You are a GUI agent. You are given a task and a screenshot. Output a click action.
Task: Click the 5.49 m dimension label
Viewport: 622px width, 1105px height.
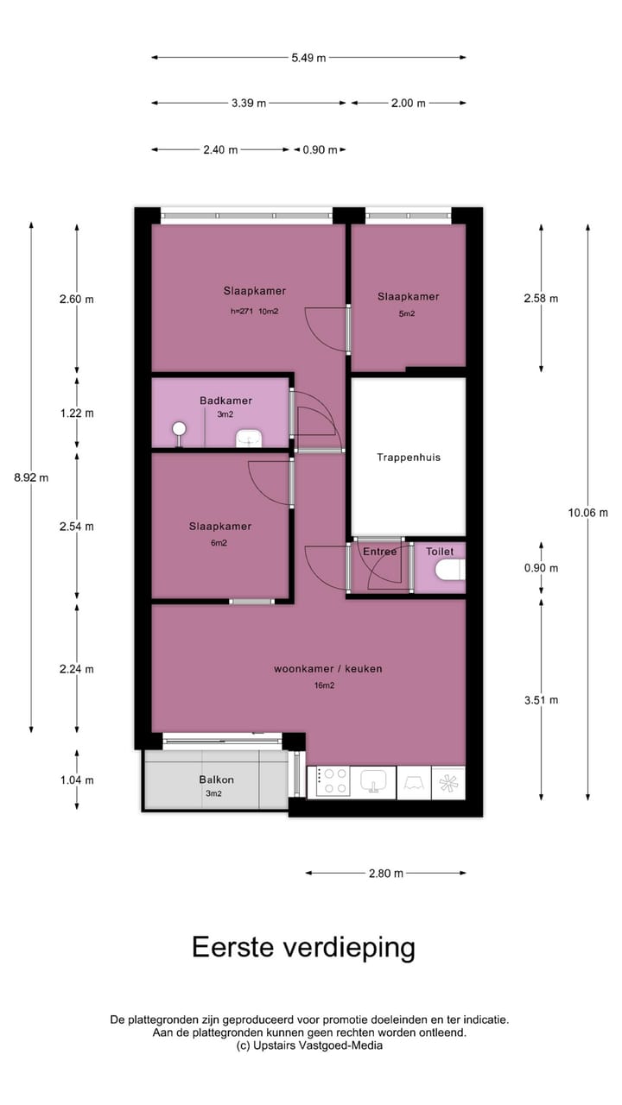coord(308,58)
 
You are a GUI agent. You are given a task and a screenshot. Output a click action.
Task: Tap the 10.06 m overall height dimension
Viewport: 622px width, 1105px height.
coord(587,512)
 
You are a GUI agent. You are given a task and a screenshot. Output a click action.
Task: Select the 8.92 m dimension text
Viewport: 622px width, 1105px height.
coord(31,477)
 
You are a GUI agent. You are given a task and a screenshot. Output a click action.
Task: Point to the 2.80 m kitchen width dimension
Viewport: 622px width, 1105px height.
coord(385,873)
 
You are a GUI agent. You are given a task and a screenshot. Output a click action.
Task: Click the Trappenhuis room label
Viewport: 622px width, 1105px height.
coord(408,457)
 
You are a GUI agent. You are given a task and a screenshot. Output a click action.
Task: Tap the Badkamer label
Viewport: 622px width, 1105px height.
coord(225,401)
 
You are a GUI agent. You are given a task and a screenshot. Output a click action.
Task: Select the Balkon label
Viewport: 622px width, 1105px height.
coord(216,780)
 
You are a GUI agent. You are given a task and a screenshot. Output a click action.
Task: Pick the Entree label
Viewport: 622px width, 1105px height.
coord(379,552)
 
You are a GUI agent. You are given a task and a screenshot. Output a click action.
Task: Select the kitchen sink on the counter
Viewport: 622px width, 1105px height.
coord(373,781)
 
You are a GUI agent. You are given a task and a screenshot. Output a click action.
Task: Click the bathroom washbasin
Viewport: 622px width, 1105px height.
coord(249,439)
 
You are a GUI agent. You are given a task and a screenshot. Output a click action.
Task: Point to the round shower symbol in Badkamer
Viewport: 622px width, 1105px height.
coord(180,429)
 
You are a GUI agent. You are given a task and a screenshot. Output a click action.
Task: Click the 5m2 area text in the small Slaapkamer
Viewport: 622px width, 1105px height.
coord(407,313)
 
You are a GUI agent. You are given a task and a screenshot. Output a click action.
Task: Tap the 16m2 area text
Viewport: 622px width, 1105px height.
coord(324,685)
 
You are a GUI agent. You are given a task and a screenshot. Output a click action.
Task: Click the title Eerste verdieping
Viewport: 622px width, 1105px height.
coord(303,947)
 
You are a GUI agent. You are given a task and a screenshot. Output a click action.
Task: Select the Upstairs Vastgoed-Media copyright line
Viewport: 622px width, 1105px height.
coord(309,1045)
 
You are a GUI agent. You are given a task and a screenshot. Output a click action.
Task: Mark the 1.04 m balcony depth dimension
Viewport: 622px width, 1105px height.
coord(77,780)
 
